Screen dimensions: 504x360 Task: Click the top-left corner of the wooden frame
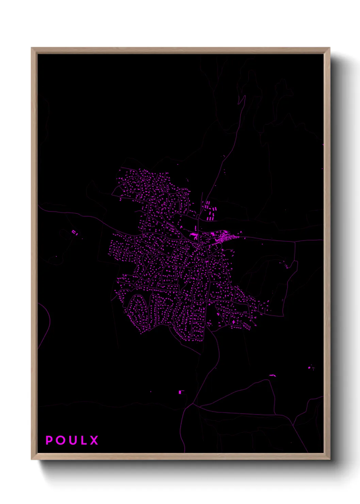point(32,48)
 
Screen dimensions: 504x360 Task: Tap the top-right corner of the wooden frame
point(329,48)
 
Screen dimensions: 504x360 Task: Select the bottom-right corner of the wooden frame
point(329,459)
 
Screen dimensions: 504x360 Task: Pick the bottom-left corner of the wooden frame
point(32,459)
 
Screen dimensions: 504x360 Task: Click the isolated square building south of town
point(180,392)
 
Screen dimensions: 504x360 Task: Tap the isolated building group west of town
point(75,233)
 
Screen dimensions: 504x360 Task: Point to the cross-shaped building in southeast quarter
point(233,321)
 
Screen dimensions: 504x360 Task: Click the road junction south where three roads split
point(194,404)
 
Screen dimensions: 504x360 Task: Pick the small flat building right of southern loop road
point(272,376)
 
